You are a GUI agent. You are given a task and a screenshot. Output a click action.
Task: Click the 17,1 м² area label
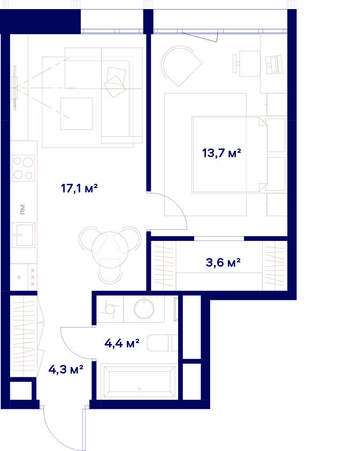[79, 189]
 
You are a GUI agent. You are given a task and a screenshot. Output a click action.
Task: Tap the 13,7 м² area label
[221, 153]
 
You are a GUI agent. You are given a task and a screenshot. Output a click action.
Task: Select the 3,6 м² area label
[223, 262]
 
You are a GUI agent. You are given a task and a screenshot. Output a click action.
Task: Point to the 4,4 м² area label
[122, 343]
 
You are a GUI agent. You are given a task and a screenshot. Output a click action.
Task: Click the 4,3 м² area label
[66, 369]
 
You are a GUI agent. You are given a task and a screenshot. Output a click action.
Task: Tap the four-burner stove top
[24, 168]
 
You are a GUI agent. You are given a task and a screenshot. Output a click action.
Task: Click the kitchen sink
[24, 235]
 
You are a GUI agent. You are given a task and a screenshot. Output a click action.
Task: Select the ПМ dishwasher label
[22, 209]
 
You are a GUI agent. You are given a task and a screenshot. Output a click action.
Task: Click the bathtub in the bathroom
[140, 381]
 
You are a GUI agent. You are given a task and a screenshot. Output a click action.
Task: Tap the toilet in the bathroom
[163, 343]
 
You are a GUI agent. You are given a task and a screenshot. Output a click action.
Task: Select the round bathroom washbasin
[144, 309]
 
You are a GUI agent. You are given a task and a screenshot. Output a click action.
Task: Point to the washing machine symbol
[110, 309]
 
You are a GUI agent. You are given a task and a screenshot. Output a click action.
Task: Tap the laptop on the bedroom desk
[274, 65]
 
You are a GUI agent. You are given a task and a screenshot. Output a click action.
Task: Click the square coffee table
[76, 114]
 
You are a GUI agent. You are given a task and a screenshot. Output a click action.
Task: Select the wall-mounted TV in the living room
[14, 88]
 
